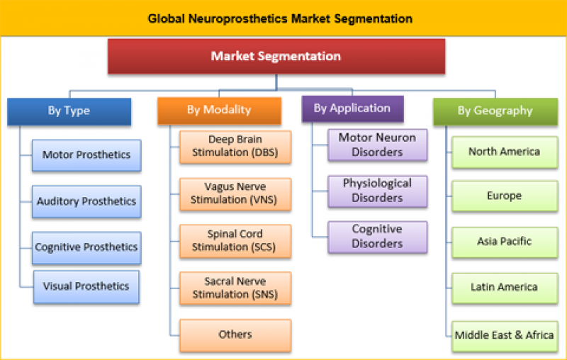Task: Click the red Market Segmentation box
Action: tap(276, 57)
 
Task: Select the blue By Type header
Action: tap(69, 111)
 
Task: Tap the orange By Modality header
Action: tap(219, 110)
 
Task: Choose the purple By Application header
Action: tap(352, 108)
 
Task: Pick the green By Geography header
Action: tap(495, 111)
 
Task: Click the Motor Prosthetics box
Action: tap(86, 155)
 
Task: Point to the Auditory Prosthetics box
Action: tap(86, 201)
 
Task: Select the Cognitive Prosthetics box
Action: tap(86, 247)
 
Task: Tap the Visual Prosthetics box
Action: tap(86, 286)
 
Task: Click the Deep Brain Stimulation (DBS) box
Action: tap(235, 146)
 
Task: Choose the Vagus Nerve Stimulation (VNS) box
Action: tap(235, 193)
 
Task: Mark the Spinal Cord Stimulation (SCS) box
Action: tap(235, 241)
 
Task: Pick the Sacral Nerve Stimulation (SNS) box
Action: tap(235, 288)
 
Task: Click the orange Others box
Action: tap(235, 334)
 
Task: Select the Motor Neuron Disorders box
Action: tap(377, 144)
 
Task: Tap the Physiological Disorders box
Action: tap(377, 191)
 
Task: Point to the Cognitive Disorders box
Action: tap(377, 237)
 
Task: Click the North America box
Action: tap(504, 152)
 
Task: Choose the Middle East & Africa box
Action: tap(504, 334)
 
